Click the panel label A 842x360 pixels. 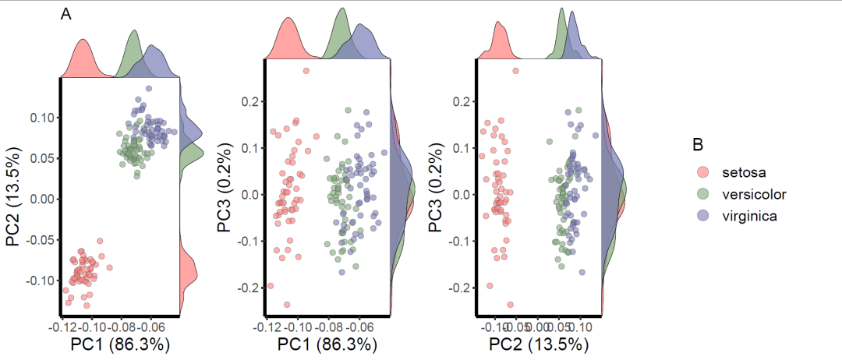66,14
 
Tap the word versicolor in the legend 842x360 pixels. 754,194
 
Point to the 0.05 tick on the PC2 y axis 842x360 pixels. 41,158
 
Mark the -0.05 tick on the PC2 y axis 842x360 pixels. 39,239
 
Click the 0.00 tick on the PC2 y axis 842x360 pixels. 41,199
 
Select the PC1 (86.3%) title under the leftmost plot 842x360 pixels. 120,343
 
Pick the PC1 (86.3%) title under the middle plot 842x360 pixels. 327,343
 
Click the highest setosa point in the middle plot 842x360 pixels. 306,71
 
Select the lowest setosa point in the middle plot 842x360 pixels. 287,305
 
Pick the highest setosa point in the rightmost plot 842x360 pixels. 515,71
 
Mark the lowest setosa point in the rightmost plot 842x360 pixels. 511,305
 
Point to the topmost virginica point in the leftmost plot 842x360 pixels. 149,89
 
